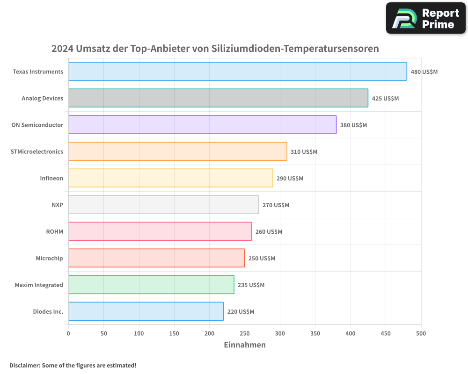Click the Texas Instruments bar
coord(237,72)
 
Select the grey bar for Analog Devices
coord(218,98)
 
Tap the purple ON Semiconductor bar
coord(202,125)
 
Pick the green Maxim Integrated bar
coord(151,285)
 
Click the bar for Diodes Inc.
coord(146,311)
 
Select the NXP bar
coord(163,205)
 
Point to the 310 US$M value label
coord(304,152)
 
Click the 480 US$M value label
coord(424,72)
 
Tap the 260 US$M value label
coord(269,232)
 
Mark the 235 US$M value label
coord(251,285)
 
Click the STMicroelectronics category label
coord(37,151)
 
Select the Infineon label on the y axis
coord(51,178)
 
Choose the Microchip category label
coord(49,258)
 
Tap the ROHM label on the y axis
coord(54,231)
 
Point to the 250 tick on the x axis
coord(245,333)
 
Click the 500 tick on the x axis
coord(421,333)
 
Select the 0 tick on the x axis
coord(68,333)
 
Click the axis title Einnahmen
coord(245,345)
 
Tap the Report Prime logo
coord(425,18)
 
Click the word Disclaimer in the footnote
coord(24,365)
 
